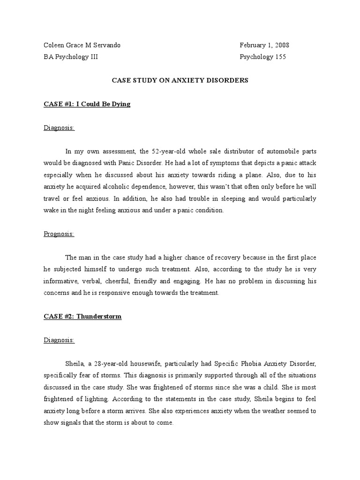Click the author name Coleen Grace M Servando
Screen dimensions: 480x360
pos(82,45)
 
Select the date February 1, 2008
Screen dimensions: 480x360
pos(264,45)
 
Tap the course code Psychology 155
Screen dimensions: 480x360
pos(262,57)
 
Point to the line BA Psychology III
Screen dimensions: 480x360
pos(71,57)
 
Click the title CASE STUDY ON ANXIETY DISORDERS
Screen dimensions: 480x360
pos(180,80)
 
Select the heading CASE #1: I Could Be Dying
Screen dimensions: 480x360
pos(87,104)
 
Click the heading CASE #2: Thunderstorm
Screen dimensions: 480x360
pos(82,316)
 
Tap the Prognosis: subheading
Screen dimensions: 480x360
pos(59,234)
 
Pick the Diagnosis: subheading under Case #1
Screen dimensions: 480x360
pos(59,128)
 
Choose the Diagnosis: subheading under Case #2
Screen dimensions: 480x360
pos(59,340)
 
